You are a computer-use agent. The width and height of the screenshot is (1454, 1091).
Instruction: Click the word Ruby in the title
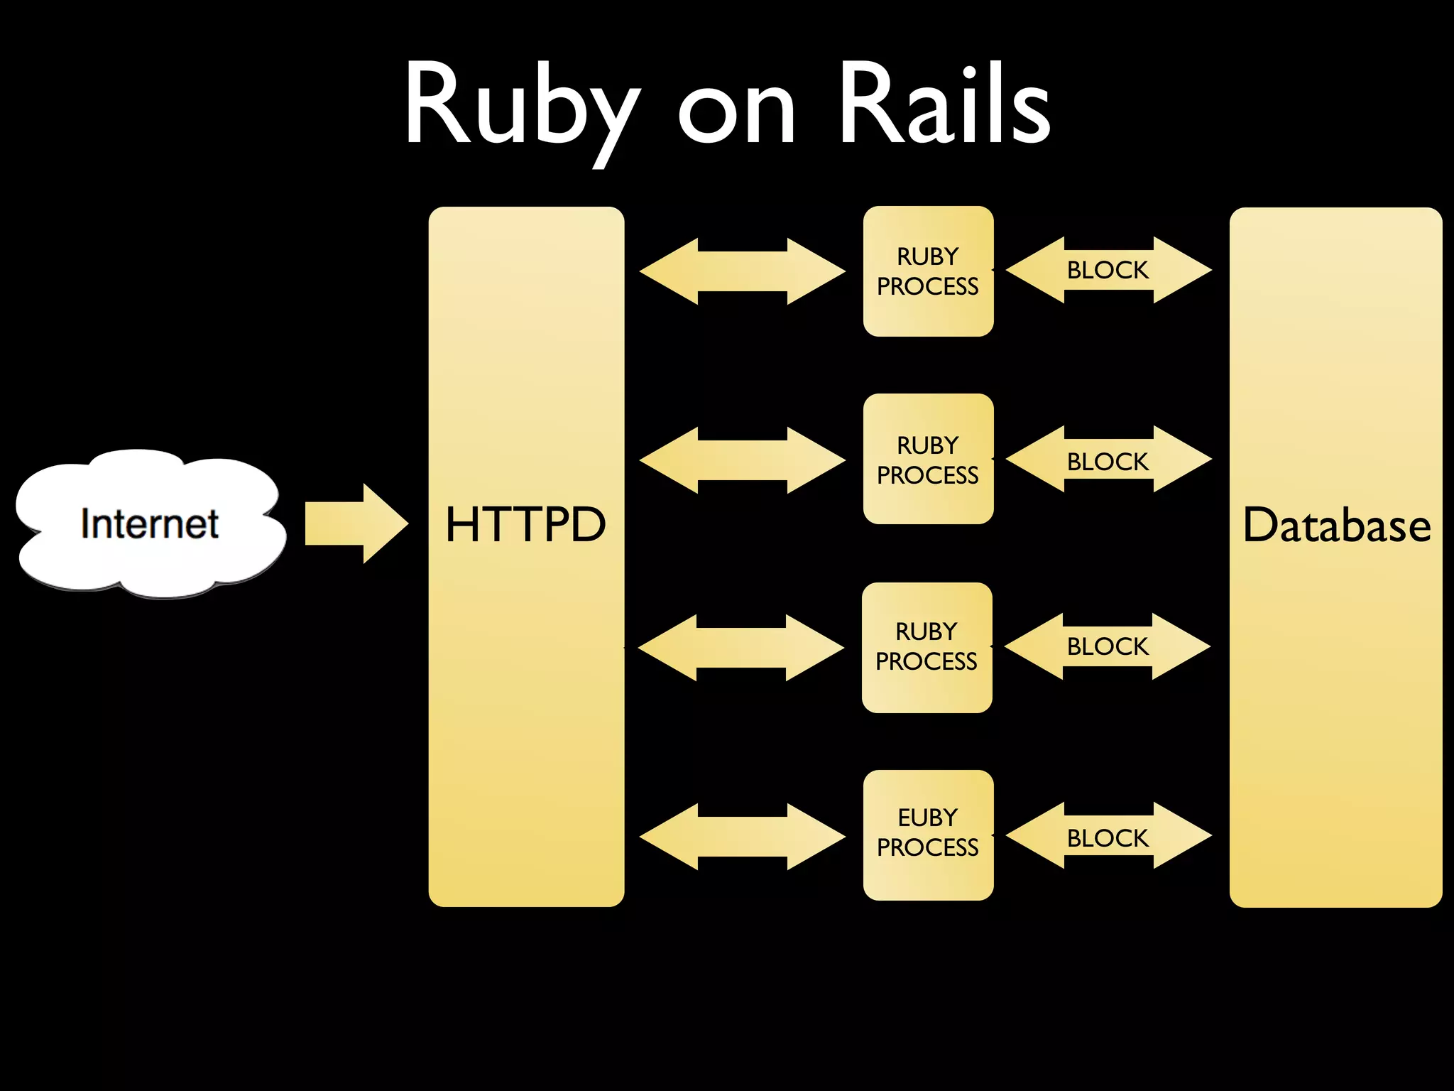click(x=522, y=107)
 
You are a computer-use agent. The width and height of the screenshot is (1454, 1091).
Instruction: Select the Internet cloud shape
click(x=150, y=524)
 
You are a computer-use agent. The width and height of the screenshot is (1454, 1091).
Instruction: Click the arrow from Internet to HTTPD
click(x=355, y=523)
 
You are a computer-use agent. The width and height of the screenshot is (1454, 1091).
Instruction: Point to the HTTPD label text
click(x=525, y=526)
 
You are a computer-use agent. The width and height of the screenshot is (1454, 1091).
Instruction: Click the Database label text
click(x=1336, y=526)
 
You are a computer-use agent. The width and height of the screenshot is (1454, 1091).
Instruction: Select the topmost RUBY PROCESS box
click(x=928, y=271)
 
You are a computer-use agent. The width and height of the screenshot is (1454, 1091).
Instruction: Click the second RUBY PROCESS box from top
click(x=928, y=459)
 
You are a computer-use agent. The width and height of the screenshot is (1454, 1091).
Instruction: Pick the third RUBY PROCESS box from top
click(x=926, y=647)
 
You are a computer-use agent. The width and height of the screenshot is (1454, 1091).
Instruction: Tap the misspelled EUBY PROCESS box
click(x=928, y=835)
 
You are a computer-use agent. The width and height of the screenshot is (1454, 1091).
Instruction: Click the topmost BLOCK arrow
click(x=1108, y=270)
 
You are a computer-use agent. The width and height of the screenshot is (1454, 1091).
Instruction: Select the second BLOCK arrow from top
click(x=1108, y=460)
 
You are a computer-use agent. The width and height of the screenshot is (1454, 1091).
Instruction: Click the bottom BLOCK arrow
click(x=1108, y=837)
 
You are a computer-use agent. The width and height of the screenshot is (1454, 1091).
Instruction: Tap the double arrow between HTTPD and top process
click(x=742, y=271)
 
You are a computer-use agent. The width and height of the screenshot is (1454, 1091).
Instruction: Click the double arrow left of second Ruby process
click(x=742, y=460)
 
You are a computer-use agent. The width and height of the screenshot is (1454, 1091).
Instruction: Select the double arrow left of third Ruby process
click(x=740, y=647)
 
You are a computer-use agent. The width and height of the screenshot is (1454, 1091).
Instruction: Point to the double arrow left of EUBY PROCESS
click(x=742, y=836)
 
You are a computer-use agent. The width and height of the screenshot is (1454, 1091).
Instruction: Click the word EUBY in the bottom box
click(x=927, y=818)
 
